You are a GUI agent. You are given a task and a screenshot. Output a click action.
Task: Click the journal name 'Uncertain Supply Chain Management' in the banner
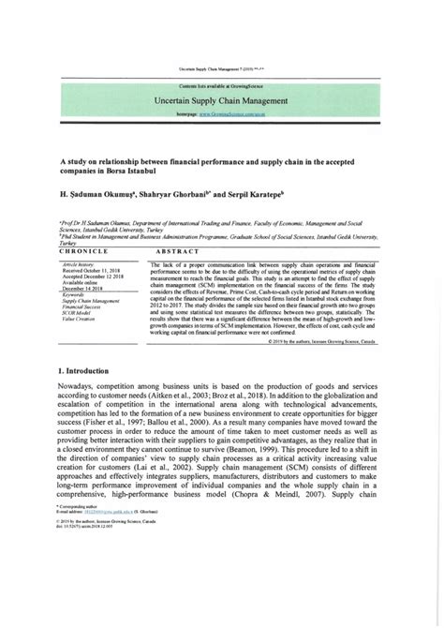tap(221, 98)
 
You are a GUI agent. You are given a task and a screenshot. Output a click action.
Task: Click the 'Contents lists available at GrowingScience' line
tap(222, 85)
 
